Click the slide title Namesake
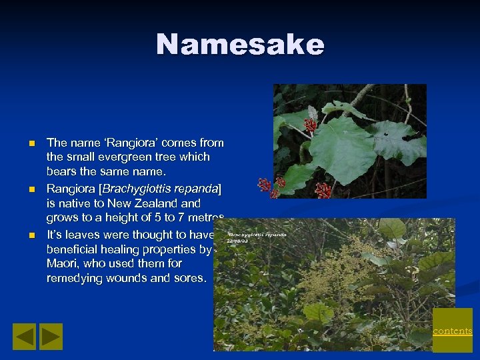point(240,45)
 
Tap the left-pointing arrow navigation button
point(25,337)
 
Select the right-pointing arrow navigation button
point(51,337)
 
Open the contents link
point(453,331)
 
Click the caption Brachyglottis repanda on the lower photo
point(257,235)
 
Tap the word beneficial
point(73,249)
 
